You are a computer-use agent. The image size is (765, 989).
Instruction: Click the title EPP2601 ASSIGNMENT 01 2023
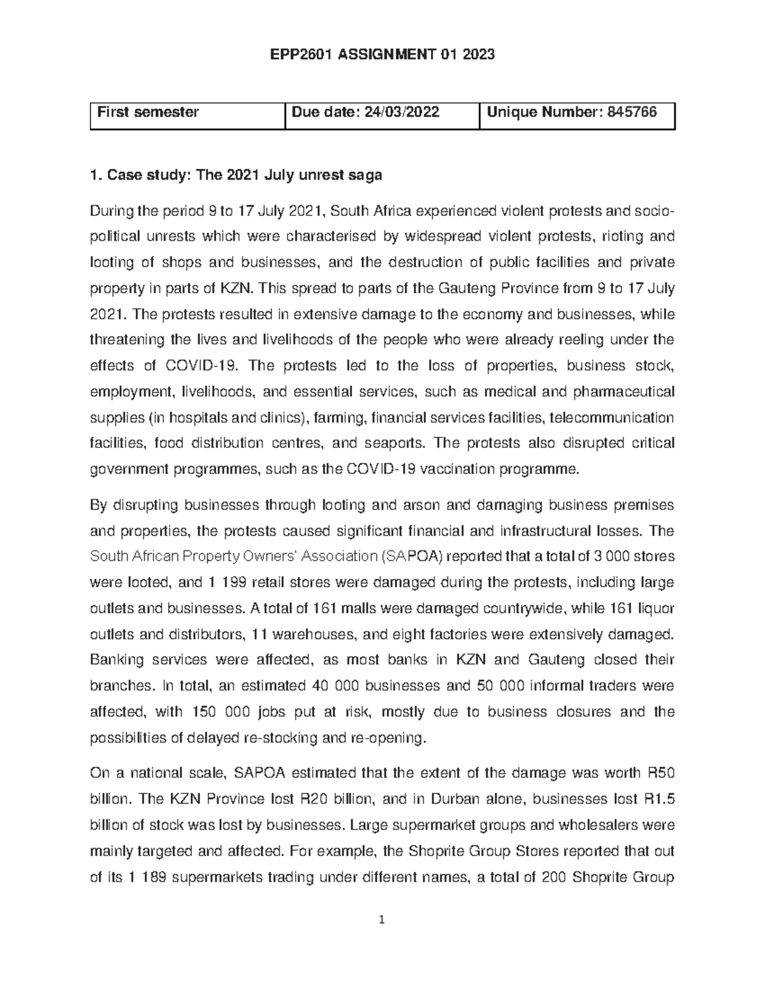382,55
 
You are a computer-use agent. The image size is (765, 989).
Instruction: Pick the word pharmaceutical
624,391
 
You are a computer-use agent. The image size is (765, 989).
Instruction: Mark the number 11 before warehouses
259,634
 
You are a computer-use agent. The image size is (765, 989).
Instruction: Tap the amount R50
660,773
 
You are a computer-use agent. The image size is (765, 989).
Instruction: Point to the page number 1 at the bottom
382,920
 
